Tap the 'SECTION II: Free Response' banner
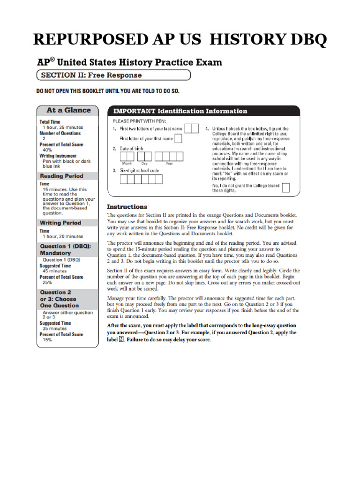point(114,75)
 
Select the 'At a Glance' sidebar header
point(68,110)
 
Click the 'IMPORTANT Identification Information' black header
point(204,111)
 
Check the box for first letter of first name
point(178,138)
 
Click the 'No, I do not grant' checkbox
point(285,188)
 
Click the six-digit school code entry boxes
point(141,179)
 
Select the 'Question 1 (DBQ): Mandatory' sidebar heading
point(68,249)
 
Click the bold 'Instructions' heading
point(127,207)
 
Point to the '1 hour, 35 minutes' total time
point(63,127)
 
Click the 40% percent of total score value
point(47,150)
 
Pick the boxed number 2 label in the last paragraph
point(121,340)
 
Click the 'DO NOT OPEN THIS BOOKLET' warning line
point(108,91)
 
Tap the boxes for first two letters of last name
point(191,128)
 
